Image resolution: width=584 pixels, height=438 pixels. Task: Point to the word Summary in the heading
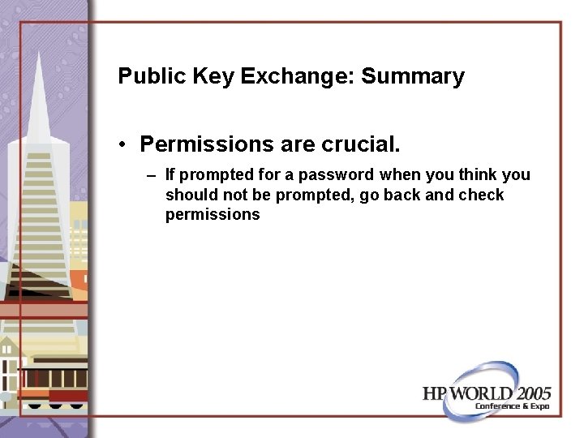pos(413,77)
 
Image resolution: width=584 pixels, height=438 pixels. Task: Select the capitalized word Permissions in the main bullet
pos(207,144)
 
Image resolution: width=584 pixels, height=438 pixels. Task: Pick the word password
pos(338,174)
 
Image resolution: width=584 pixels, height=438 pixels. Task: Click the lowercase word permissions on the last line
pos(213,215)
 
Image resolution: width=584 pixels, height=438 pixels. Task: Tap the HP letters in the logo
pos(435,393)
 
